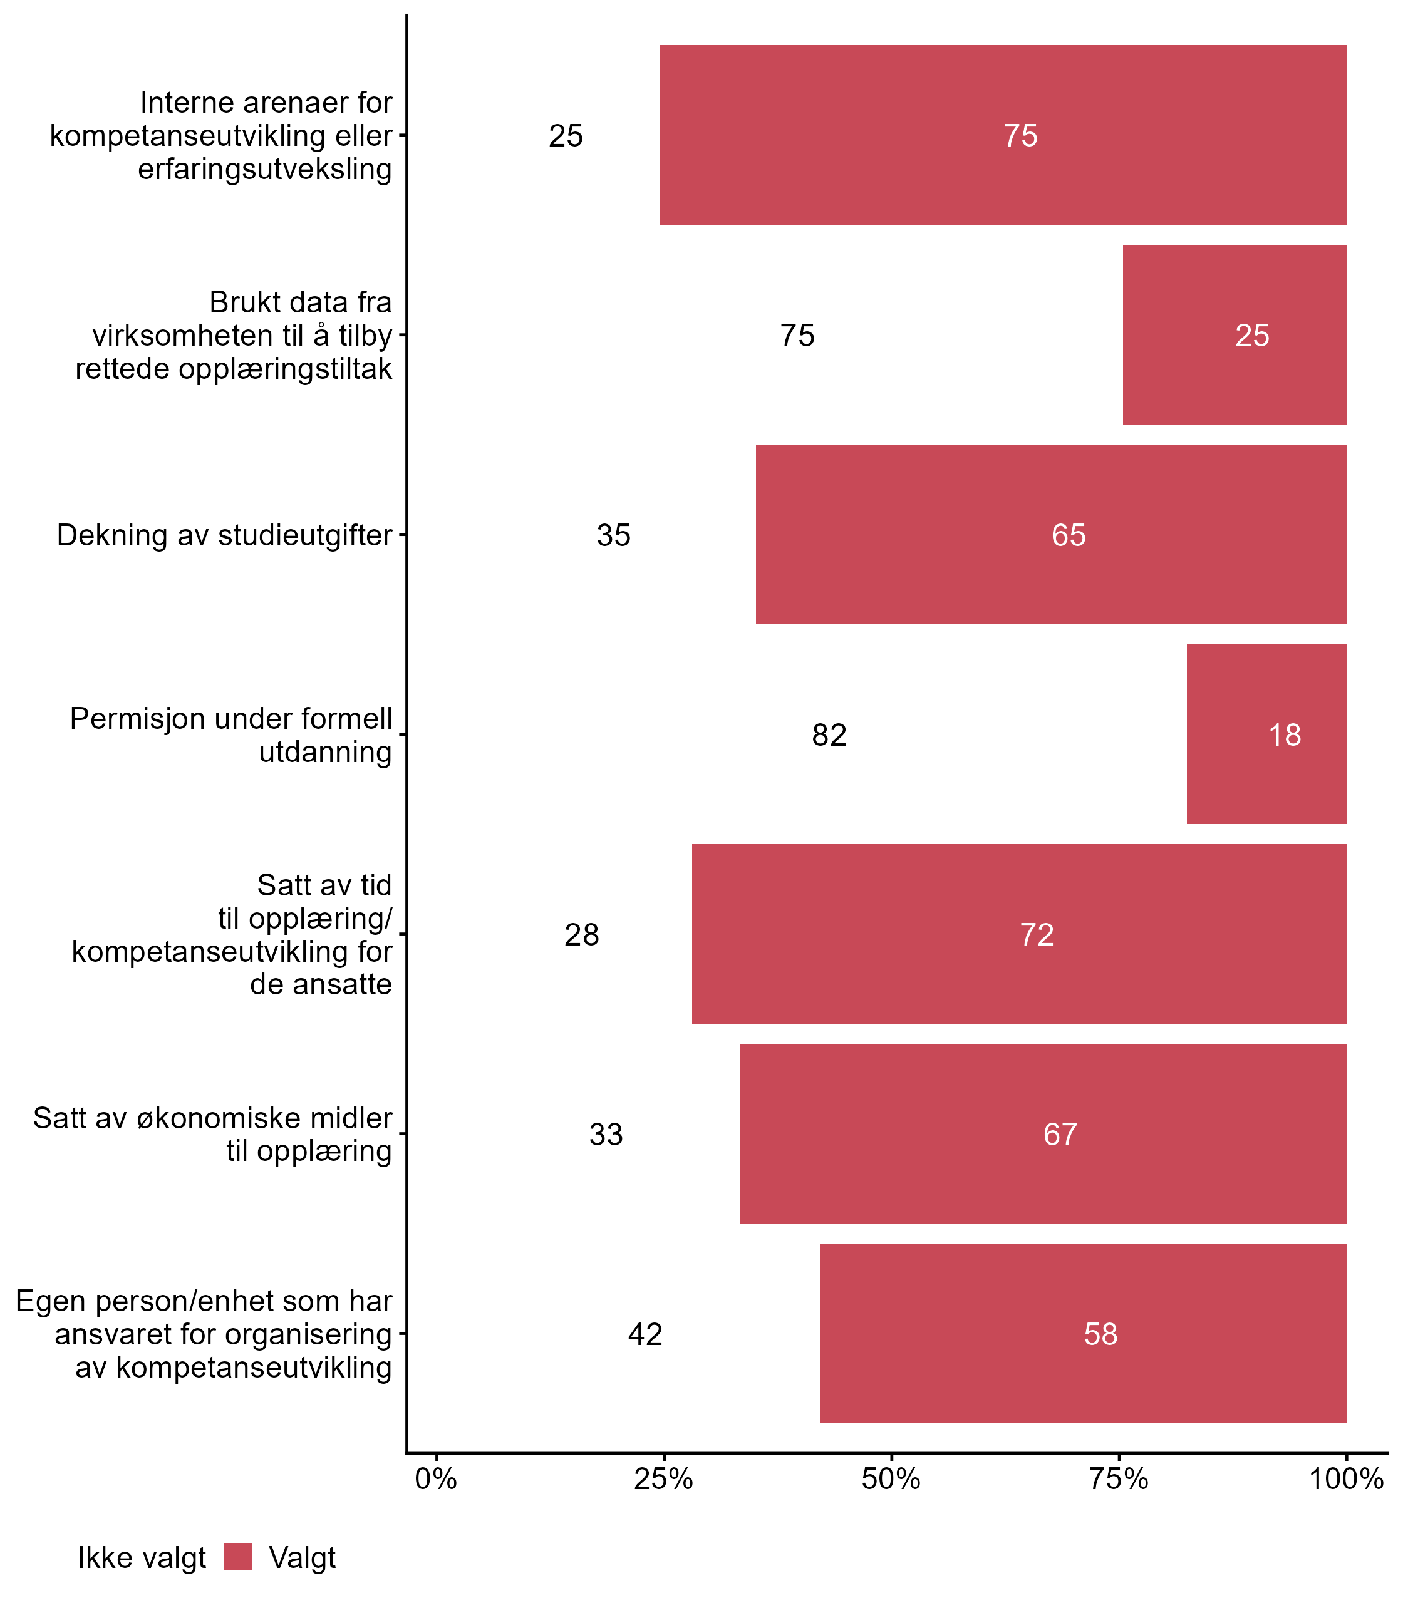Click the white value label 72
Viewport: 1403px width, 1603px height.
1037,934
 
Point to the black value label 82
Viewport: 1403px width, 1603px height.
829,735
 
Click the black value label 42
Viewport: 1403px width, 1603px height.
645,1334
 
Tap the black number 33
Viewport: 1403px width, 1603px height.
606,1134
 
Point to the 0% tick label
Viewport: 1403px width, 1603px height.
436,1478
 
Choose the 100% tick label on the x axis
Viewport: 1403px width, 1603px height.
1346,1478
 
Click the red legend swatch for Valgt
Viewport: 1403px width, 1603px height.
237,1557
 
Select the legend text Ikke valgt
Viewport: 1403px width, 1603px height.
142,1558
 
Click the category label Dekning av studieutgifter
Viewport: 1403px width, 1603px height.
224,535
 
